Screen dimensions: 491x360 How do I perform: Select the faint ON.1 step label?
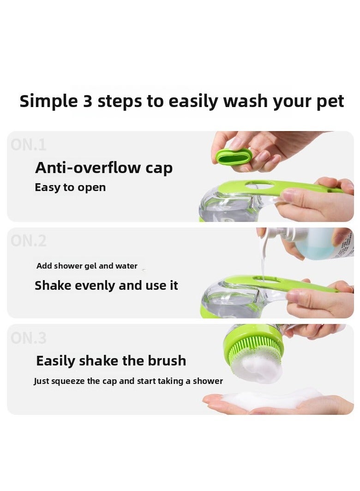pos(29,145)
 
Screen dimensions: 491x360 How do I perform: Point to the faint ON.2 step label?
pos(29,241)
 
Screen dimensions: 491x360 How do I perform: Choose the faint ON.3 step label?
pos(29,338)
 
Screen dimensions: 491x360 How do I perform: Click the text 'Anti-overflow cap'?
pos(104,168)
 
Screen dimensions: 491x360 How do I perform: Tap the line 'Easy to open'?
pos(70,187)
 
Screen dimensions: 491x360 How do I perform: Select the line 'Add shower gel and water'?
pos(87,266)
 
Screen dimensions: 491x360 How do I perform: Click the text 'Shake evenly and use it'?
pos(106,286)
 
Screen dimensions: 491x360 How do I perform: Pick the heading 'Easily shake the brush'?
pos(111,360)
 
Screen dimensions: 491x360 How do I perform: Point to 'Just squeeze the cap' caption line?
pos(128,381)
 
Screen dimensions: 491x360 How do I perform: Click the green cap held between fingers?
pos(234,157)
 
